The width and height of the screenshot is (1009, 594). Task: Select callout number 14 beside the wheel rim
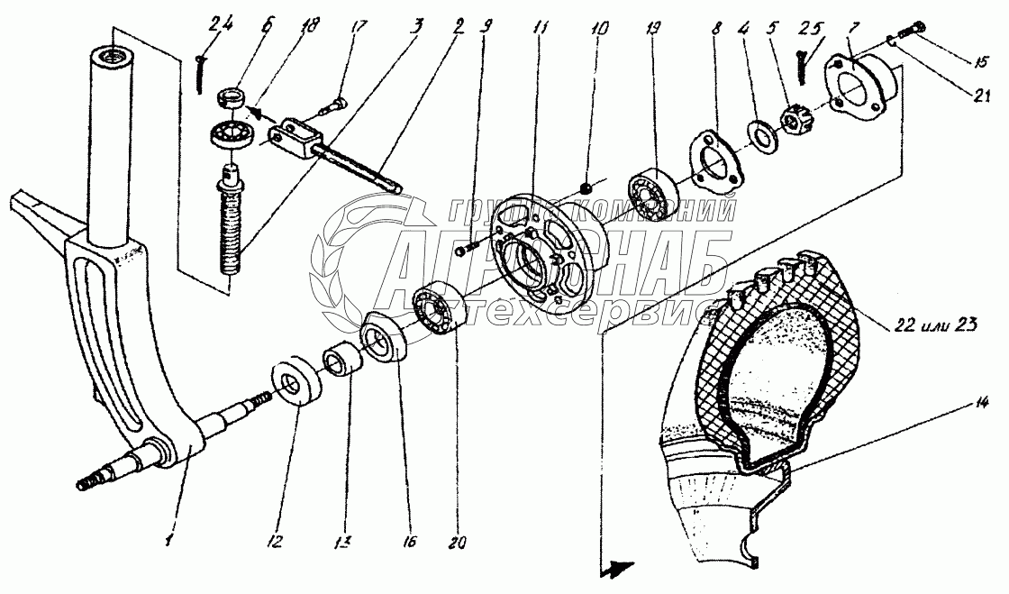coord(981,404)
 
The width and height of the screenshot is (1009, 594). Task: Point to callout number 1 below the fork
coord(168,539)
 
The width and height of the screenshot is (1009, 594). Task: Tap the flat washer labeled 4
coord(761,134)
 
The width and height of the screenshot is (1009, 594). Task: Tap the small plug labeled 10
coord(586,187)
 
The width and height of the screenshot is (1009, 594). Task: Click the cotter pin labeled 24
coord(199,73)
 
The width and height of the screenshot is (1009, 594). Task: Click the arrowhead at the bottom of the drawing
coord(616,568)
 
